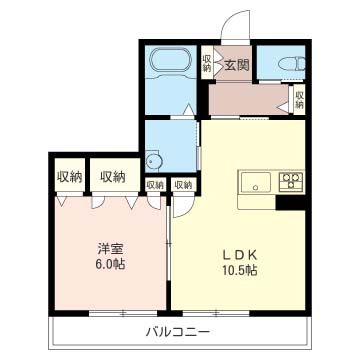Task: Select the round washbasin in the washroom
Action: [153, 160]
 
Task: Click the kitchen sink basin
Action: [253, 183]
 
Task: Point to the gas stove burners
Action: [291, 182]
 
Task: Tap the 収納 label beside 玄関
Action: [207, 63]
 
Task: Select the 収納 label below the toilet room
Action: [298, 99]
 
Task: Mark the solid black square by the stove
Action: [291, 203]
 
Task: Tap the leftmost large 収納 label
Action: [69, 177]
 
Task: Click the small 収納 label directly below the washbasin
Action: [155, 185]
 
